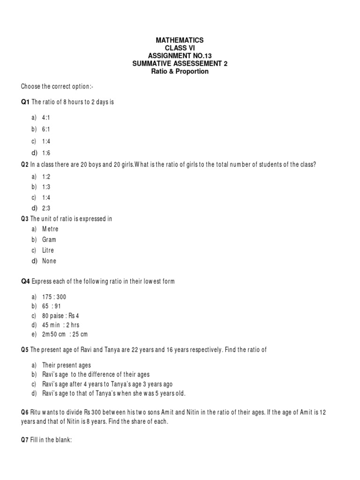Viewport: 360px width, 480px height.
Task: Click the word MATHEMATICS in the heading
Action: [x=180, y=41]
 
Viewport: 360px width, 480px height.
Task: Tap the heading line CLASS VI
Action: [x=180, y=48]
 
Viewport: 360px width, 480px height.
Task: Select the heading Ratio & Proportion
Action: [x=180, y=71]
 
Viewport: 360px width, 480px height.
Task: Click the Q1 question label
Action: [x=25, y=102]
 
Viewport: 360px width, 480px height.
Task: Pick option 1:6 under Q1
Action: [x=46, y=153]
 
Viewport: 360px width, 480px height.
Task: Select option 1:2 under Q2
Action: [x=46, y=176]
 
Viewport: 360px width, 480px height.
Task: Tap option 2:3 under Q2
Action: [x=46, y=208]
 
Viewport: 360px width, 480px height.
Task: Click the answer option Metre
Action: [x=50, y=229]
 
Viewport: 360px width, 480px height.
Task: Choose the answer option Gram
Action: [x=49, y=240]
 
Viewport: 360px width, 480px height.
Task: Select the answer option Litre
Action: [x=48, y=250]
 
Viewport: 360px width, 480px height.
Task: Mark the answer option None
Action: [x=49, y=261]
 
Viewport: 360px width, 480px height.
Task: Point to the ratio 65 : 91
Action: [x=54, y=307]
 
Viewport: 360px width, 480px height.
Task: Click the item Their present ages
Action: [x=67, y=365]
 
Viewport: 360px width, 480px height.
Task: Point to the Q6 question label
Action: [x=25, y=412]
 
